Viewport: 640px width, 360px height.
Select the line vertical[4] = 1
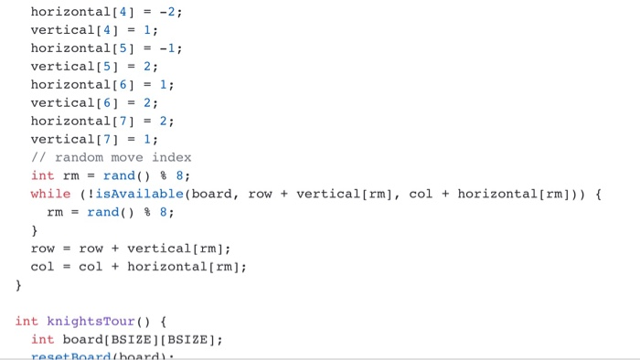(94, 30)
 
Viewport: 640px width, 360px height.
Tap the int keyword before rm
(42, 175)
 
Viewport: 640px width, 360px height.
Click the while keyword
(50, 194)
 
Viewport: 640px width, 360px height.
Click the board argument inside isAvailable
(212, 194)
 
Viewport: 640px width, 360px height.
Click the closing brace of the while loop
(35, 230)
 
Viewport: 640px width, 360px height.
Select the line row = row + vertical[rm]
(131, 249)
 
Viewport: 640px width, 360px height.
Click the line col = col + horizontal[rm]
(138, 267)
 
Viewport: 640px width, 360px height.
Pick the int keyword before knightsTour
(27, 322)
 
